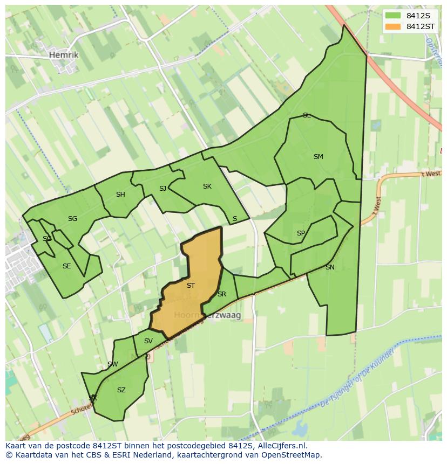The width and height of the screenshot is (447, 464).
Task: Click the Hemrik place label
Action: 63,55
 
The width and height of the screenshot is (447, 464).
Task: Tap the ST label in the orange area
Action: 191,286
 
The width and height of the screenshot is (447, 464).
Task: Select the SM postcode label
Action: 318,157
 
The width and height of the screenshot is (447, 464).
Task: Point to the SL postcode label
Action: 307,115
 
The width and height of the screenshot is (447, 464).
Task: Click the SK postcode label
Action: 207,186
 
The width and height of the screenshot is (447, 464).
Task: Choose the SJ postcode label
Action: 162,188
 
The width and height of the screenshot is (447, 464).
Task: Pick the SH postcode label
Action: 120,195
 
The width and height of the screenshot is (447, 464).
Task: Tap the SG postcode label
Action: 72,218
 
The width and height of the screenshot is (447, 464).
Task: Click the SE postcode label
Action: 66,266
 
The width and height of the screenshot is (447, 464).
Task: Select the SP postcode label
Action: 301,233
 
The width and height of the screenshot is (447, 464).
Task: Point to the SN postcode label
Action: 330,267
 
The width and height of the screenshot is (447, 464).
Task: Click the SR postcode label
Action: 221,294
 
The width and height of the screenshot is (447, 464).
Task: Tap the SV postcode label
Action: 148,341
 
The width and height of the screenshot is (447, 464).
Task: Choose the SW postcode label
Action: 112,364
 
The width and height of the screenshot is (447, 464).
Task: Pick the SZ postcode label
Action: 121,390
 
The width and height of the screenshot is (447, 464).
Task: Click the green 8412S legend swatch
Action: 393,16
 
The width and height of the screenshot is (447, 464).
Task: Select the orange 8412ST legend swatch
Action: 393,26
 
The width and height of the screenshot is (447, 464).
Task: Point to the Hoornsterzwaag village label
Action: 207,315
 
